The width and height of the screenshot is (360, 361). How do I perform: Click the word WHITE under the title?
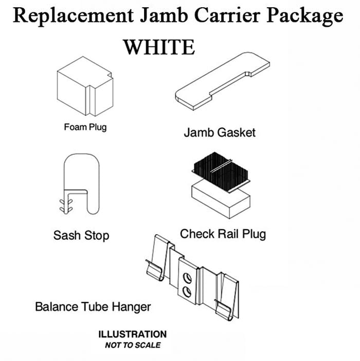pos(159,47)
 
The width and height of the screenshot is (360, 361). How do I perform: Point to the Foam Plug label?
pos(85,127)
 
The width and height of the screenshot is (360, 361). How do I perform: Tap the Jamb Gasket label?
pos(220,132)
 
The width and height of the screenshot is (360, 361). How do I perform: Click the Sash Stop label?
pos(81,236)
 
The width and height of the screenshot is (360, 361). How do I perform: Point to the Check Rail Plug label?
pos(223,234)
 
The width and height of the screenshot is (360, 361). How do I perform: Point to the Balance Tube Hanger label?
pos(93,307)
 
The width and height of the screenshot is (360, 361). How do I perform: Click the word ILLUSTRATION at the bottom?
pos(133,334)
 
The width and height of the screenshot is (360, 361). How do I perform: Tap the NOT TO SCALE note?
pos(133,345)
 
